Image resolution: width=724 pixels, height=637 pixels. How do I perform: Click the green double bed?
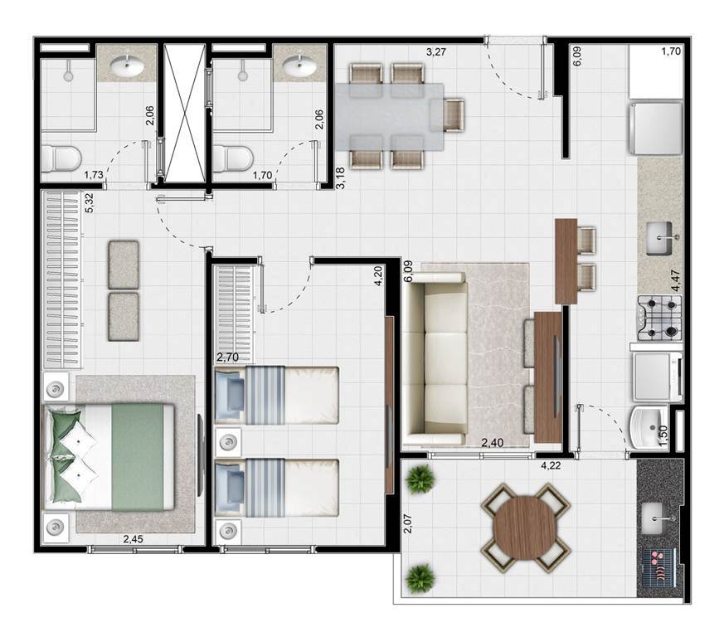tap(109, 457)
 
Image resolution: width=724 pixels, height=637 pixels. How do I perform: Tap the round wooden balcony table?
tap(526, 528)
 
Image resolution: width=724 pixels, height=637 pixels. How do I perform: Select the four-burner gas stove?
tap(659, 318)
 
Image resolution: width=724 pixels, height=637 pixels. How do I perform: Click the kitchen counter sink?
tap(660, 238)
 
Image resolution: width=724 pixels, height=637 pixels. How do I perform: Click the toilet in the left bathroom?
tap(61, 158)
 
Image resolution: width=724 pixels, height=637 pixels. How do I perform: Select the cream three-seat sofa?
tap(435, 359)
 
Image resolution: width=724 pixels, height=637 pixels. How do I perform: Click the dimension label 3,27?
tap(436, 51)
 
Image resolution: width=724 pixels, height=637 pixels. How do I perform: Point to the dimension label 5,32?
tap(90, 202)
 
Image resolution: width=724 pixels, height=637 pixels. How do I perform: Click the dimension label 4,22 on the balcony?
tap(551, 465)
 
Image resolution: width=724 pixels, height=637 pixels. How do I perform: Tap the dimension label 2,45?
tap(133, 538)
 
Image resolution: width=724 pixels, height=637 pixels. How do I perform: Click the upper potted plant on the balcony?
tap(420, 479)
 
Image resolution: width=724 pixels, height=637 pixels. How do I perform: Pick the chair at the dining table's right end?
tap(454, 115)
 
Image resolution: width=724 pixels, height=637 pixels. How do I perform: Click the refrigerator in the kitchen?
tap(655, 129)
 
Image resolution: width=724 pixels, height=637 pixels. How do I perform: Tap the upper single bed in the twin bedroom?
tap(277, 395)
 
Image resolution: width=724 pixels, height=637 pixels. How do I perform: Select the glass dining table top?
tap(389, 116)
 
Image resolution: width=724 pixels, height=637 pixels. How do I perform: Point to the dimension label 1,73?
tap(94, 175)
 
